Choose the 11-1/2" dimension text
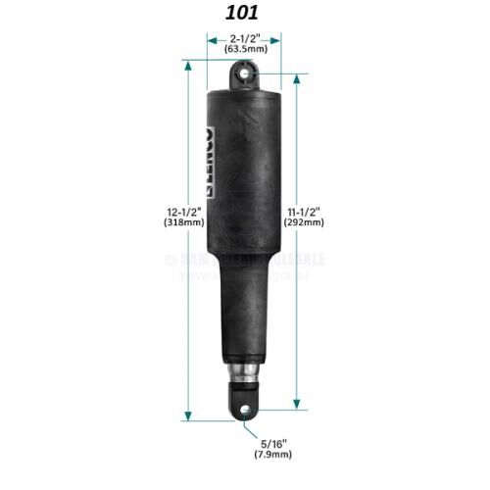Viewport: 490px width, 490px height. click(x=305, y=211)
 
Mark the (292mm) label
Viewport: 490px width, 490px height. click(x=305, y=223)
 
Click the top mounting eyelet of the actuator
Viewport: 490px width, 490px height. click(x=245, y=73)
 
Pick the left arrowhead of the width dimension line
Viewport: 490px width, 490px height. click(x=210, y=41)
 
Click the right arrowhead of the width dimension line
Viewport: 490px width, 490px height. click(x=279, y=41)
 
